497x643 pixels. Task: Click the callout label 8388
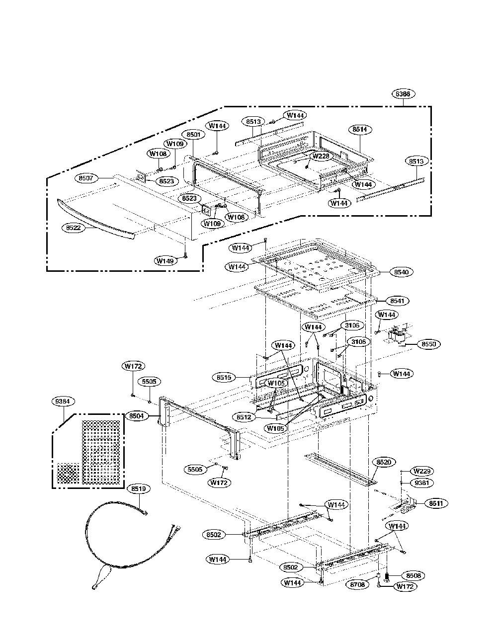coord(403,94)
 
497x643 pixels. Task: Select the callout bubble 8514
coord(360,129)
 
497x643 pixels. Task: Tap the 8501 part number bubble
coord(193,135)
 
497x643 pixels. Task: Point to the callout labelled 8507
coord(86,178)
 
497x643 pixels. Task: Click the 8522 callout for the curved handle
coord(74,228)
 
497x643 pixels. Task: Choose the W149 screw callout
coord(166,261)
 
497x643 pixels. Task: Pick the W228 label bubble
coord(321,156)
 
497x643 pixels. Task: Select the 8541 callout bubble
coord(399,301)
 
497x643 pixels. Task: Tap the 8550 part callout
coord(428,344)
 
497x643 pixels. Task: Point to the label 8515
coord(224,377)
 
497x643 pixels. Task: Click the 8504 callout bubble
coord(136,416)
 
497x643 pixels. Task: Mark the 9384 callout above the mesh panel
coord(63,402)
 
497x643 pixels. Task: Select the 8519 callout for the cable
coord(139,488)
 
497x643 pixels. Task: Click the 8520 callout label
coord(383,462)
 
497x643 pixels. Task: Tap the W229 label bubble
coord(422,471)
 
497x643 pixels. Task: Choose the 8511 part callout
coord(436,503)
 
